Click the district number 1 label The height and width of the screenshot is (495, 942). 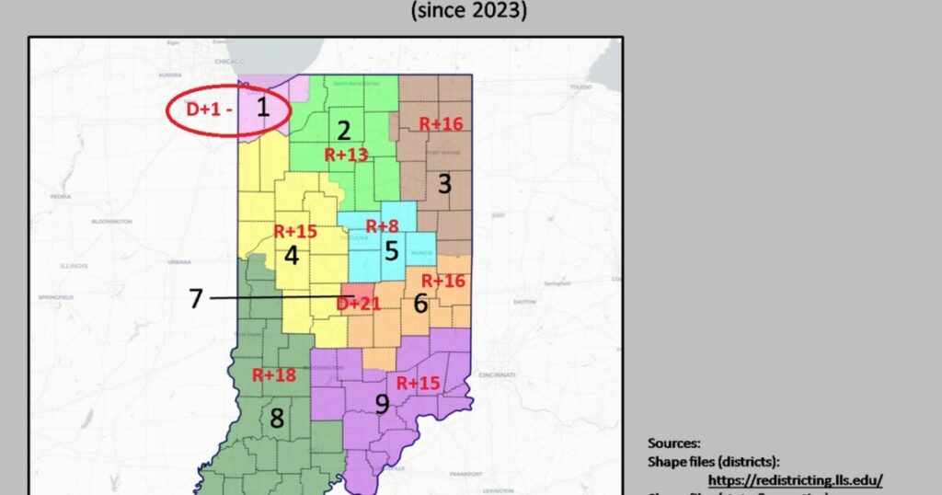262,108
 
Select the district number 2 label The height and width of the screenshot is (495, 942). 344,131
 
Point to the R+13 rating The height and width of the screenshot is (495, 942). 347,155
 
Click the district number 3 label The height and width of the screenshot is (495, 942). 444,184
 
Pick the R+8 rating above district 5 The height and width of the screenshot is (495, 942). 383,226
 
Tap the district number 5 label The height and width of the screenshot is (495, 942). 392,250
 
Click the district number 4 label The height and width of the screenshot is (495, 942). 292,255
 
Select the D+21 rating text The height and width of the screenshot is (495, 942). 359,304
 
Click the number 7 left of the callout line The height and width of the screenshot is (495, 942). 195,299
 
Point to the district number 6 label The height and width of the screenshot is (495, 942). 420,303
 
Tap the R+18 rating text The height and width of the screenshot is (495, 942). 273,374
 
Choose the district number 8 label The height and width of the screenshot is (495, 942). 276,419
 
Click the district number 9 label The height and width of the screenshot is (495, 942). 381,404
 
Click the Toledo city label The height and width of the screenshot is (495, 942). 580,86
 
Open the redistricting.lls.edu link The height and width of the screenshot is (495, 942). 795,479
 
